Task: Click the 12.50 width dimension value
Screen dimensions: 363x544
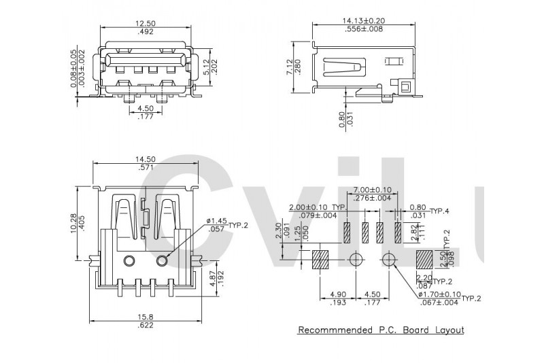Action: (x=146, y=22)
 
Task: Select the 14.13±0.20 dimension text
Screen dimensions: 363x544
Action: (x=363, y=20)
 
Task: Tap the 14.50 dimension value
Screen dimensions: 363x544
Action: (x=146, y=159)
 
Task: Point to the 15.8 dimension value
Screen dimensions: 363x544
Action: (x=146, y=316)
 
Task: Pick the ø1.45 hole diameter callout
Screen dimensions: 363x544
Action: (x=216, y=221)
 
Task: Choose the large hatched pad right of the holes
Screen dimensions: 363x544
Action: (x=424, y=259)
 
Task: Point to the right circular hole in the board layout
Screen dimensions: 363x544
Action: (x=389, y=259)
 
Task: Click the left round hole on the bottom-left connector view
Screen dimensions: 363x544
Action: (x=129, y=260)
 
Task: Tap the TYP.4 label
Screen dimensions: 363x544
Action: (x=440, y=211)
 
